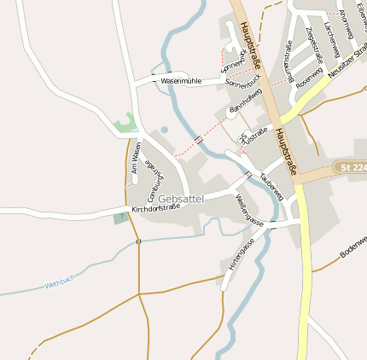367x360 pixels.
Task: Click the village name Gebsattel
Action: (x=181, y=198)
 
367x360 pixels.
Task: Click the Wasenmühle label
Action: (x=181, y=80)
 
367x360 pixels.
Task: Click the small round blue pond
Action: (x=164, y=130)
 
